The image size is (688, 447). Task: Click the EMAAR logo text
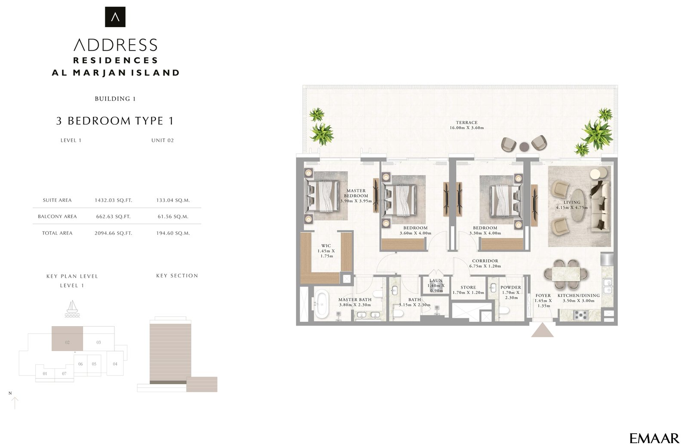[x=654, y=438]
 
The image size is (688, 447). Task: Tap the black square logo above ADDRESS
[x=115, y=17]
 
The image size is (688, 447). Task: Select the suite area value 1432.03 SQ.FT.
[x=113, y=200]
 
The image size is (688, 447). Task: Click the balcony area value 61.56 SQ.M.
[x=173, y=216]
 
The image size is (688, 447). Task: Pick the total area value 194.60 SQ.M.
[x=173, y=233]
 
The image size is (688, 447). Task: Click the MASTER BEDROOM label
[x=356, y=193]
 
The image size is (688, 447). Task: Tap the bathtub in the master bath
[x=321, y=305]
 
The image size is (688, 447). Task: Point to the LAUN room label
[x=436, y=281]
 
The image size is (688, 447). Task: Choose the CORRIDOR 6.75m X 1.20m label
[x=485, y=263]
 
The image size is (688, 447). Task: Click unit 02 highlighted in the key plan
[x=68, y=339]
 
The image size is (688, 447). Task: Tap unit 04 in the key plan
[x=115, y=364]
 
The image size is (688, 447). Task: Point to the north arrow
[x=15, y=402]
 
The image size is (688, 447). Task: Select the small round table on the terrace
[x=524, y=147]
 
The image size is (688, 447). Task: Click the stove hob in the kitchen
[x=581, y=315]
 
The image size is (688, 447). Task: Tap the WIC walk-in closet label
[x=326, y=251]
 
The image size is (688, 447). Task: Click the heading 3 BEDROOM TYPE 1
[x=115, y=121]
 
